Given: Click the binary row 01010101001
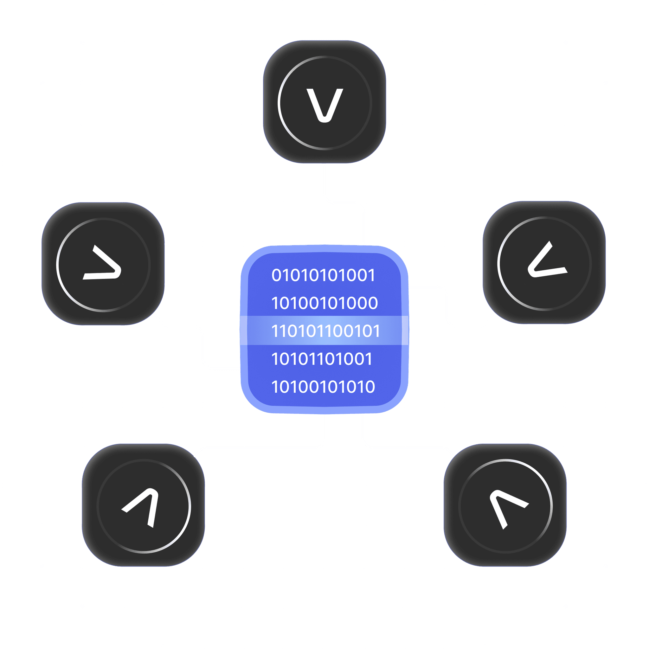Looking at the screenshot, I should pos(323,275).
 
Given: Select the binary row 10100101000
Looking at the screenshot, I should pos(324,303).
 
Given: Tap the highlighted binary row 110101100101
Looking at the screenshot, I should pos(325,331).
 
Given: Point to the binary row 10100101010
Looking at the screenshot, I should pos(323,387).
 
